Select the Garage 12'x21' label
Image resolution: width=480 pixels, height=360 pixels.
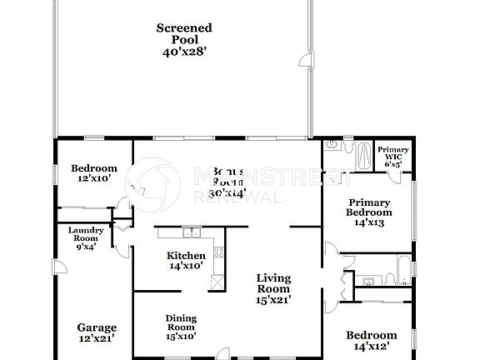tap(97, 332)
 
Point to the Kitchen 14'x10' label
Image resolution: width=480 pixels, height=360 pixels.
tap(187, 261)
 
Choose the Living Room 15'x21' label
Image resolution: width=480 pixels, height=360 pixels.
tap(272, 288)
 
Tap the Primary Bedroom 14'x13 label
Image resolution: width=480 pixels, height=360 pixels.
tap(368, 212)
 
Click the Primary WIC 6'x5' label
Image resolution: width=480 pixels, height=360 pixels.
tap(392, 157)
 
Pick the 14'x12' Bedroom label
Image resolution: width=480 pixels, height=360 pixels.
tap(370, 340)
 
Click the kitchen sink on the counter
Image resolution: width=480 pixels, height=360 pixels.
tap(192, 233)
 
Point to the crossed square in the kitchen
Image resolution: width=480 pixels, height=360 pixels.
tap(217, 281)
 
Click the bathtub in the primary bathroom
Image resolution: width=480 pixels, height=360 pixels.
tap(365, 155)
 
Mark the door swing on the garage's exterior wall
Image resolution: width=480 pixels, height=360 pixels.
tap(57, 267)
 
